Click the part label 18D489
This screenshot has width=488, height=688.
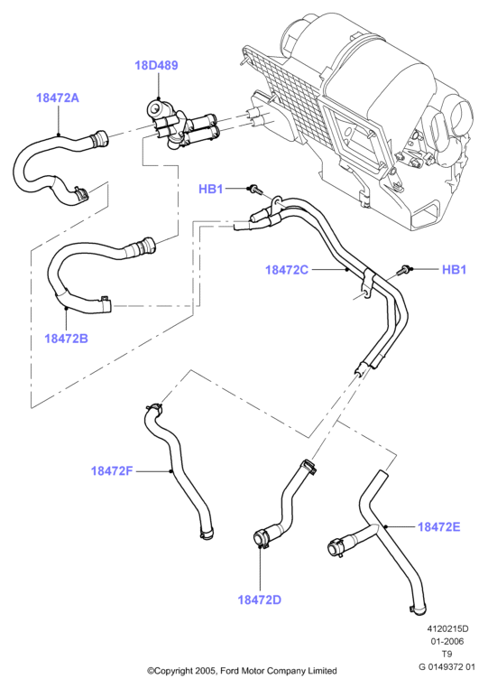(x=156, y=65)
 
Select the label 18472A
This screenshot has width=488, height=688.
(x=58, y=98)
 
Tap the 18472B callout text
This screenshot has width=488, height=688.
(x=66, y=339)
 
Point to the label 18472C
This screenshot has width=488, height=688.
(x=287, y=269)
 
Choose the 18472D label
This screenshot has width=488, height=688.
(x=260, y=600)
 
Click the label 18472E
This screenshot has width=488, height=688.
(x=439, y=526)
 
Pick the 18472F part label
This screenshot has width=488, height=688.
(x=111, y=470)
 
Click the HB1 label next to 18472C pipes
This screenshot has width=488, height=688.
(x=455, y=269)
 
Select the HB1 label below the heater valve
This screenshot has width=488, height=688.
(x=211, y=189)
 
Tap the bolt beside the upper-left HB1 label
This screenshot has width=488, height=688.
(x=254, y=190)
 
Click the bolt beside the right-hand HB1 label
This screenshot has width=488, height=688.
(x=404, y=270)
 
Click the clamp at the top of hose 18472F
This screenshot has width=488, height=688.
(x=154, y=408)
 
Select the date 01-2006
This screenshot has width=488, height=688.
(x=447, y=641)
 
